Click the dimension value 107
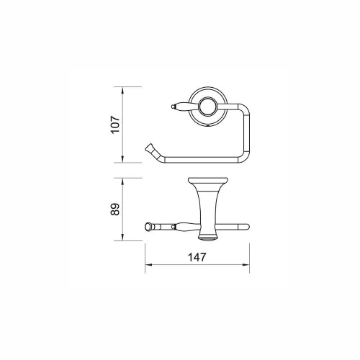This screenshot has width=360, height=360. [115, 125]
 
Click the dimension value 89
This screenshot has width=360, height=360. [115, 210]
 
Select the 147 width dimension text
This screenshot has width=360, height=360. [197, 257]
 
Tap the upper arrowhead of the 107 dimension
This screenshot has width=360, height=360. [122, 90]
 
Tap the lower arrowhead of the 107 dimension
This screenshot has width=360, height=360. [122, 159]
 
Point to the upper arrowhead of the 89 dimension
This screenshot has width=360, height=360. [122, 181]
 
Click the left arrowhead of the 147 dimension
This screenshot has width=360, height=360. [148, 265]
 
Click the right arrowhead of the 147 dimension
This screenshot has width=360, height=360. [246, 265]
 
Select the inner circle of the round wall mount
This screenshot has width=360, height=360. [208, 107]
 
